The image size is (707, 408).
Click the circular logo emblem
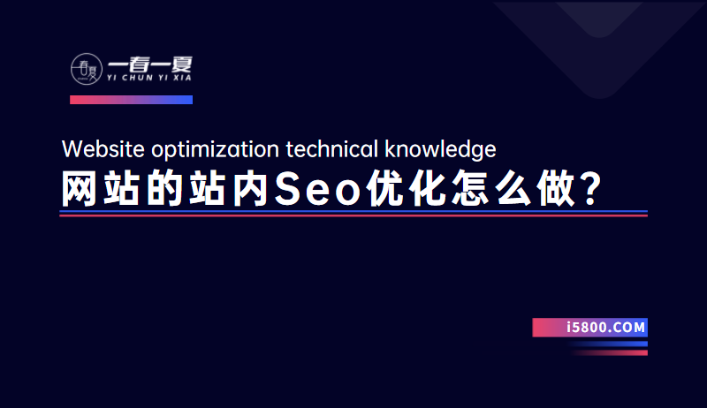(x=87, y=69)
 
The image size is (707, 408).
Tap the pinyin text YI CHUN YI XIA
(x=149, y=78)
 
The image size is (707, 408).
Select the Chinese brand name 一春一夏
(x=150, y=64)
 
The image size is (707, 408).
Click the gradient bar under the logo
(x=131, y=100)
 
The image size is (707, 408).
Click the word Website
(x=103, y=149)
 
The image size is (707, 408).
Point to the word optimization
(x=216, y=150)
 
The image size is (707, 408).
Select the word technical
(x=332, y=149)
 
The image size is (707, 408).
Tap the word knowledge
(x=440, y=150)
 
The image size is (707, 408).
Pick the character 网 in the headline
(x=79, y=189)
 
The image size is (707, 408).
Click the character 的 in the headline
(x=164, y=189)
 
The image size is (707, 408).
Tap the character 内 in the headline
(x=250, y=189)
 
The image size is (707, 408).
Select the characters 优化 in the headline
(x=406, y=189)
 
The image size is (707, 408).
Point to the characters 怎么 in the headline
(x=491, y=189)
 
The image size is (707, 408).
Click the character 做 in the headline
(x=555, y=189)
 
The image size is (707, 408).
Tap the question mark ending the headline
(x=590, y=189)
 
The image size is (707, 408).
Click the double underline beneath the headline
(x=353, y=214)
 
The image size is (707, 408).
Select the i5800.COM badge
(x=589, y=328)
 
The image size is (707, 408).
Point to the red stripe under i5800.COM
(x=609, y=352)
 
